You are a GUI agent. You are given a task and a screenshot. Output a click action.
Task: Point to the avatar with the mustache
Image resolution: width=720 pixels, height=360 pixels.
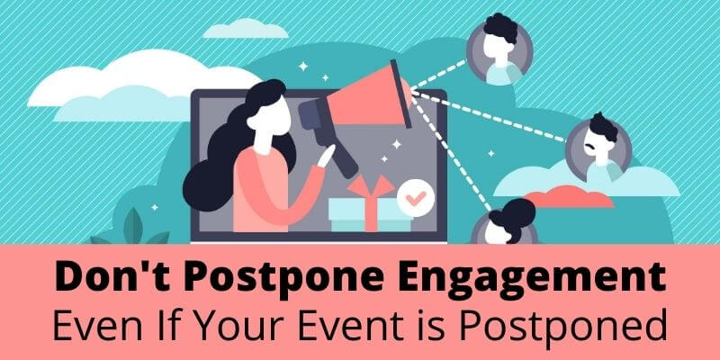point(598,143)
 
